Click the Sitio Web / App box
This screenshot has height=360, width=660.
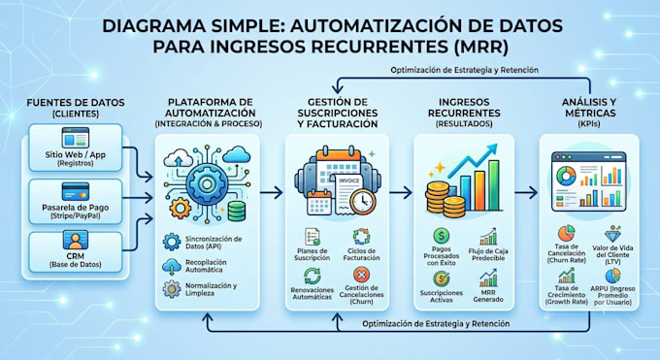click(x=76, y=147)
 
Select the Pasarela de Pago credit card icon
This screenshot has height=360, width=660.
click(x=76, y=191)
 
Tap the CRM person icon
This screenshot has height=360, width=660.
click(x=76, y=240)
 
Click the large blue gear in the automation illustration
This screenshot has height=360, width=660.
click(x=207, y=184)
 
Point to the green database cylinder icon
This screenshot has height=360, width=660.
click(x=237, y=211)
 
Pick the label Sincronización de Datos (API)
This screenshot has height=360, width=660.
click(x=214, y=243)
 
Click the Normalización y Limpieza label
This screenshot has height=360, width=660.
click(x=211, y=289)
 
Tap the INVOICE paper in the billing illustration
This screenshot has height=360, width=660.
click(x=348, y=191)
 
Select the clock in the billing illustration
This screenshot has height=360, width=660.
click(x=362, y=201)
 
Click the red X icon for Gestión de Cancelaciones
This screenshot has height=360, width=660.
click(x=361, y=276)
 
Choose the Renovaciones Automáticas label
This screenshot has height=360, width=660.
click(x=312, y=293)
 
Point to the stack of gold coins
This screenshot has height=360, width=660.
click(x=445, y=199)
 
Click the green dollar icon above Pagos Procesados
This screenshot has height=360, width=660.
click(x=441, y=236)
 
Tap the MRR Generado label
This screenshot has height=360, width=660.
click(x=488, y=296)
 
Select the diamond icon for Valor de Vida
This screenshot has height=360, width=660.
click(x=612, y=234)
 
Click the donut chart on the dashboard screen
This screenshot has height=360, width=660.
click(x=566, y=176)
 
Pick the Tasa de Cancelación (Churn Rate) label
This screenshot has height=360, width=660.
click(x=567, y=253)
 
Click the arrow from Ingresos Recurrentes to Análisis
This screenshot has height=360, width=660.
click(x=526, y=193)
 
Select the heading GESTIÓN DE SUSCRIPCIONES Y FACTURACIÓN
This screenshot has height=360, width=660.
click(x=337, y=113)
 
